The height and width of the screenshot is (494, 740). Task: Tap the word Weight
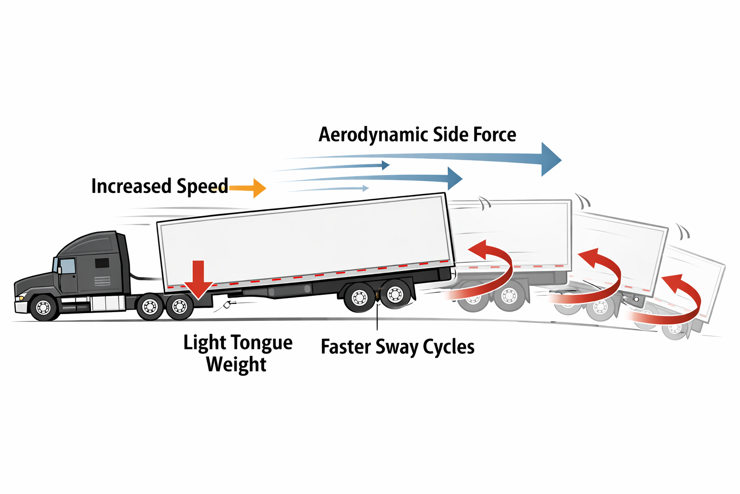[236, 365]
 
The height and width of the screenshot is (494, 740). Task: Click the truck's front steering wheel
[44, 307]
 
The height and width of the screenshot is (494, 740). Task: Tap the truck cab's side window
[67, 266]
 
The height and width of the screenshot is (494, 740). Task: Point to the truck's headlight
[21, 297]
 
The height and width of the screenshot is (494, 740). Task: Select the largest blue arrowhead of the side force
[550, 159]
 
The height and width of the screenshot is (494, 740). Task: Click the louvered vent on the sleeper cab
[102, 263]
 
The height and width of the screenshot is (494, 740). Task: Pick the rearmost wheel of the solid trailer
[395, 294]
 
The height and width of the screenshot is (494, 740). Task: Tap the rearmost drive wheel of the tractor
[180, 306]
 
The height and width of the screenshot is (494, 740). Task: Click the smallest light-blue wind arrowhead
[366, 188]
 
